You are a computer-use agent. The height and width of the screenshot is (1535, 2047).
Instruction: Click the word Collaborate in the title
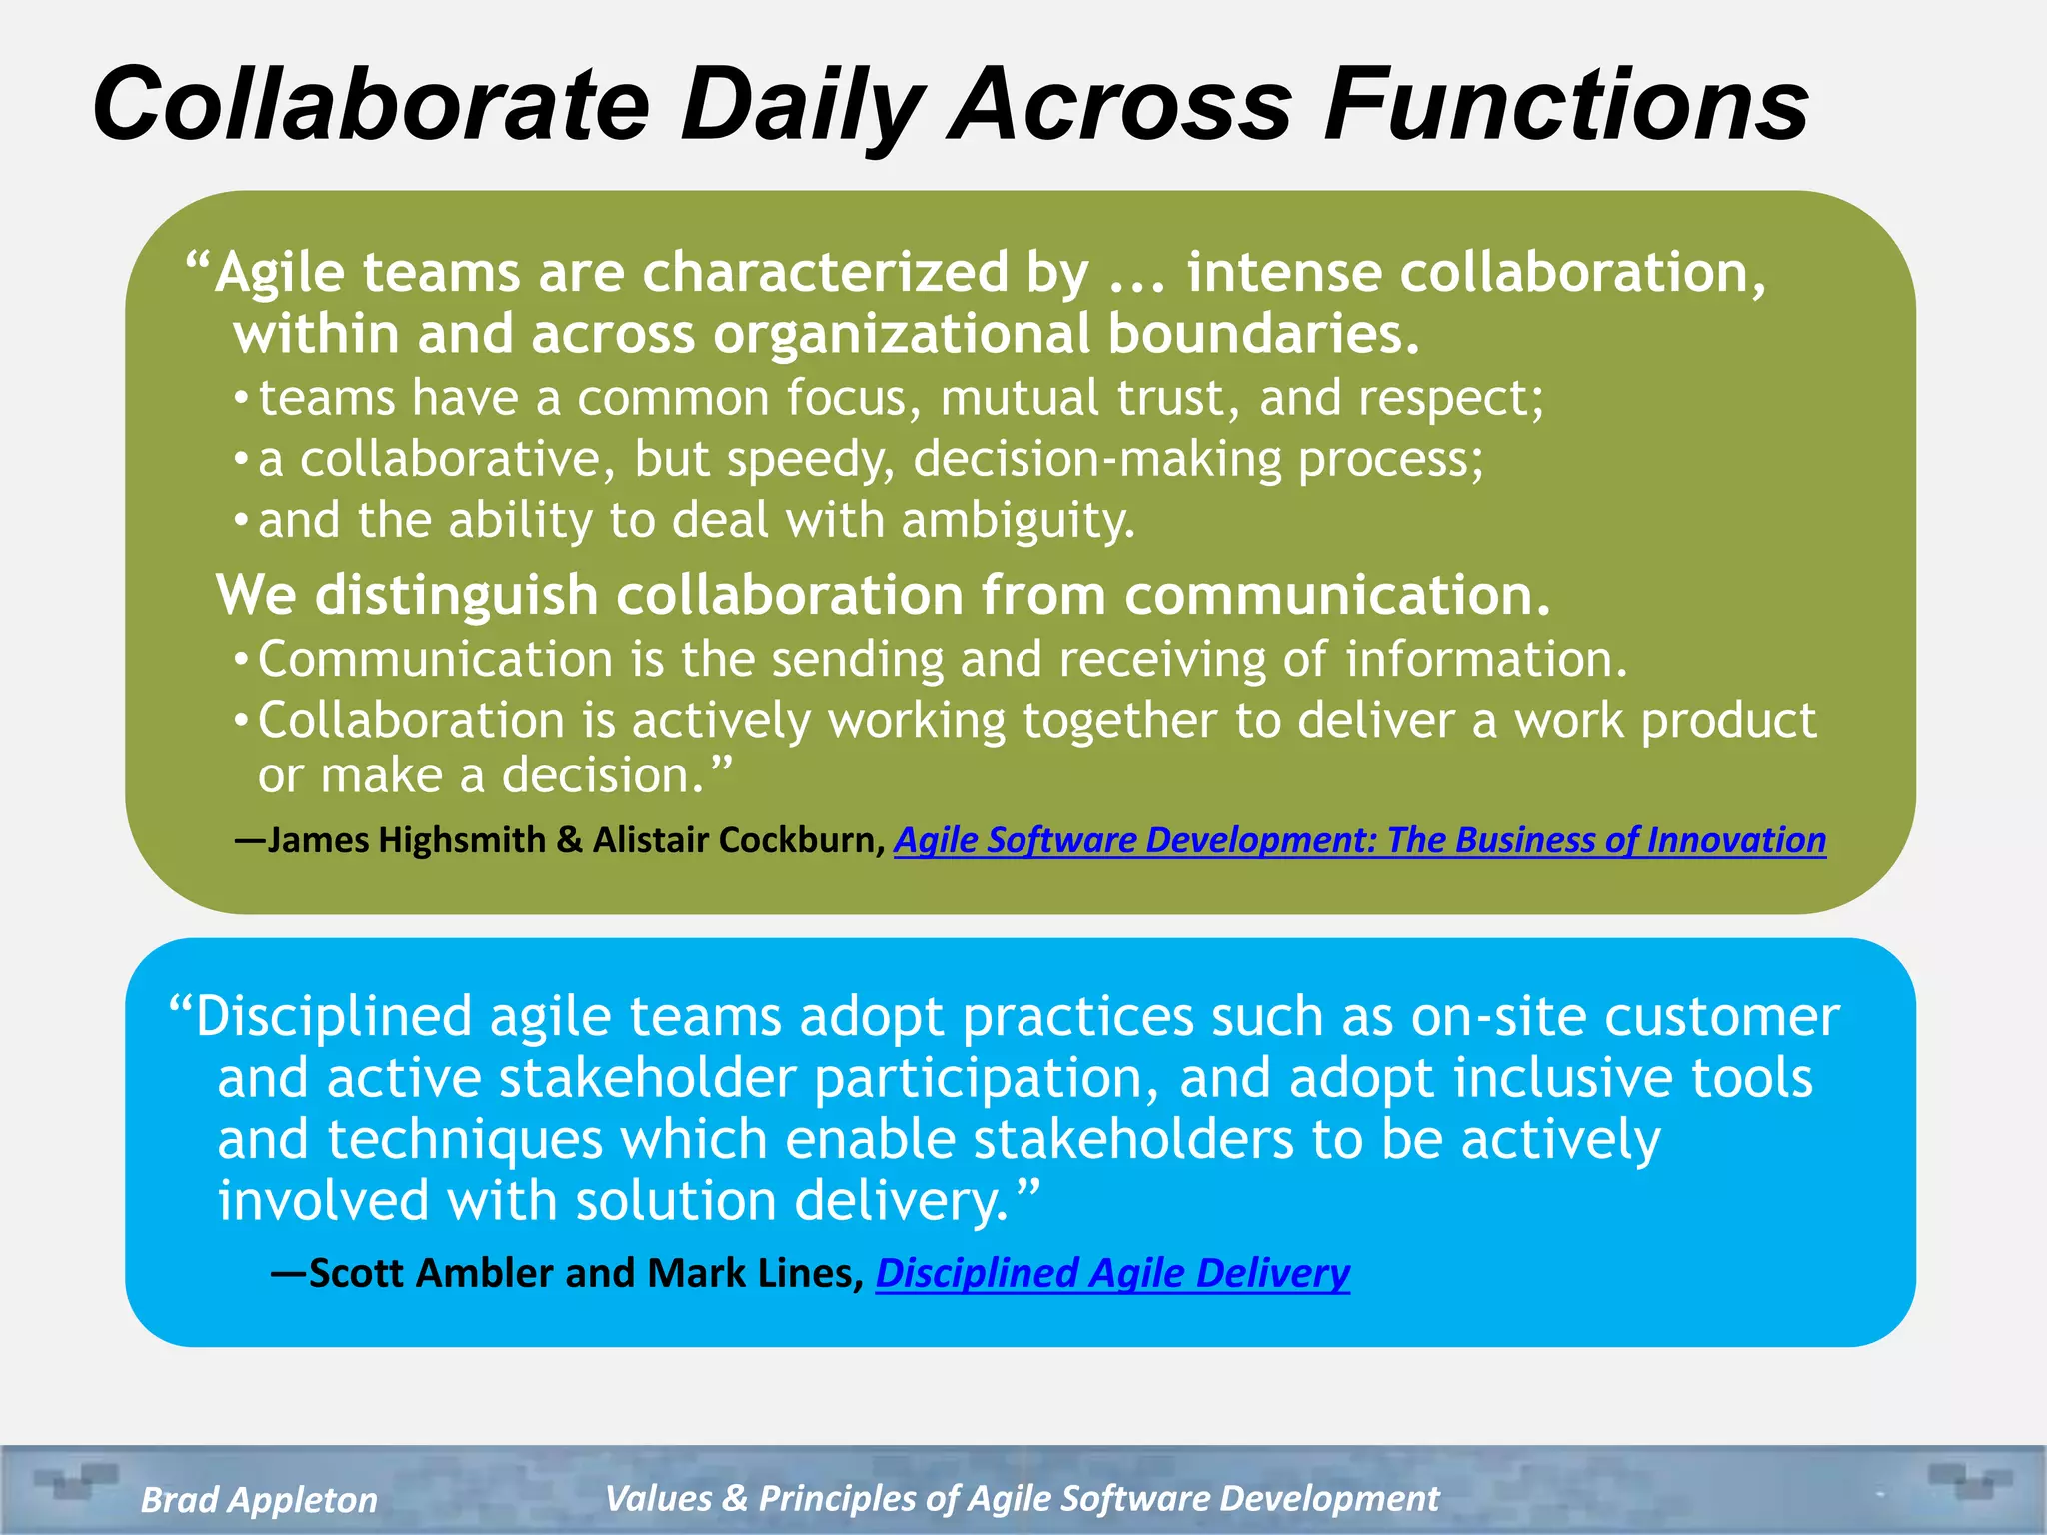click(371, 104)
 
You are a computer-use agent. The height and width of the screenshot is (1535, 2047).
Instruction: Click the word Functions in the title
click(1566, 104)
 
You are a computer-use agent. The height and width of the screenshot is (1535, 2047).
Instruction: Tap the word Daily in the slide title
click(801, 104)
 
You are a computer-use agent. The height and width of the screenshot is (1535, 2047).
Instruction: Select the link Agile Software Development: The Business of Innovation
click(1359, 840)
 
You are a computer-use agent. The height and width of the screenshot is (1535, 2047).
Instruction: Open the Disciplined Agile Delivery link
click(1112, 1273)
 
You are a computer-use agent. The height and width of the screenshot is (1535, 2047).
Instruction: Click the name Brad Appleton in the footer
click(259, 1499)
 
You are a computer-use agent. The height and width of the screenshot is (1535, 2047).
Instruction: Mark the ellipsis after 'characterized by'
click(1137, 274)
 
